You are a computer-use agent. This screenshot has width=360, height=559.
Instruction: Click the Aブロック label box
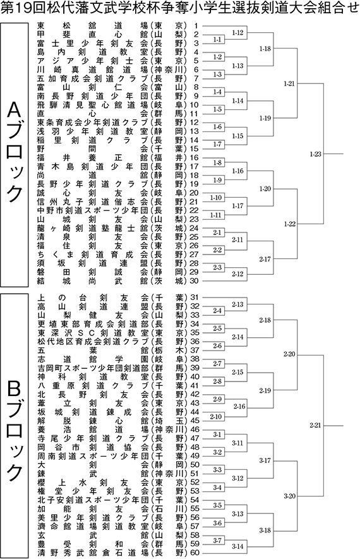coord(15,154)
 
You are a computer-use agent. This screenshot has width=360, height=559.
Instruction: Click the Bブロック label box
coord(15,426)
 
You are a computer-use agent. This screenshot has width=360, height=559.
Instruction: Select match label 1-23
coord(315,154)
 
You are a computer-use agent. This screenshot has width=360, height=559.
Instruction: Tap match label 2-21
coord(315,425)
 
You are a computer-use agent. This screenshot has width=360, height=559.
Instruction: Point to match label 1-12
coord(237,33)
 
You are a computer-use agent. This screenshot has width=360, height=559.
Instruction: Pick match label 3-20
coord(289,496)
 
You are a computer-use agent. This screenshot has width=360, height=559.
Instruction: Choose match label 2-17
coord(265,259)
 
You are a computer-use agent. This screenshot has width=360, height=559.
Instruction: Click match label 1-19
coord(265,118)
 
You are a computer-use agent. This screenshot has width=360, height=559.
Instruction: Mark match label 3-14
coord(237,546)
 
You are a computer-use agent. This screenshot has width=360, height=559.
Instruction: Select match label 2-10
coord(215,416)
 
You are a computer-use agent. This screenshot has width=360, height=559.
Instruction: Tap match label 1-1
coord(217,40)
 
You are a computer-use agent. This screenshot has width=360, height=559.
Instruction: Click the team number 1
coord(196,26)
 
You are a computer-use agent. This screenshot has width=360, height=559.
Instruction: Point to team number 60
coord(195,553)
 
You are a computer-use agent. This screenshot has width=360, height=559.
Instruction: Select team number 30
coord(195,281)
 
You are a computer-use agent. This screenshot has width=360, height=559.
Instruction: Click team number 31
coord(195,298)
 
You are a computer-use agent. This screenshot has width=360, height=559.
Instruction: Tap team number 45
coord(195,421)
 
